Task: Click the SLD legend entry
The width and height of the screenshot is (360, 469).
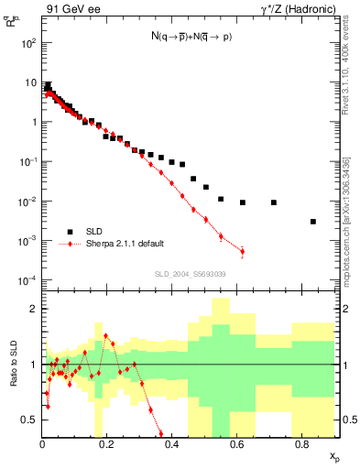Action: click(98, 232)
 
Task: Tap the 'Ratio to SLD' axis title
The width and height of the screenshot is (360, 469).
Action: click(12, 364)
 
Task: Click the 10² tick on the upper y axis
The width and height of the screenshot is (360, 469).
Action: click(29, 43)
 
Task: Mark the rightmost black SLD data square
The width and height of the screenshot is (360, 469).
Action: click(313, 222)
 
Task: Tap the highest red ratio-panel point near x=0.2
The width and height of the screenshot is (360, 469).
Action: click(106, 336)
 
